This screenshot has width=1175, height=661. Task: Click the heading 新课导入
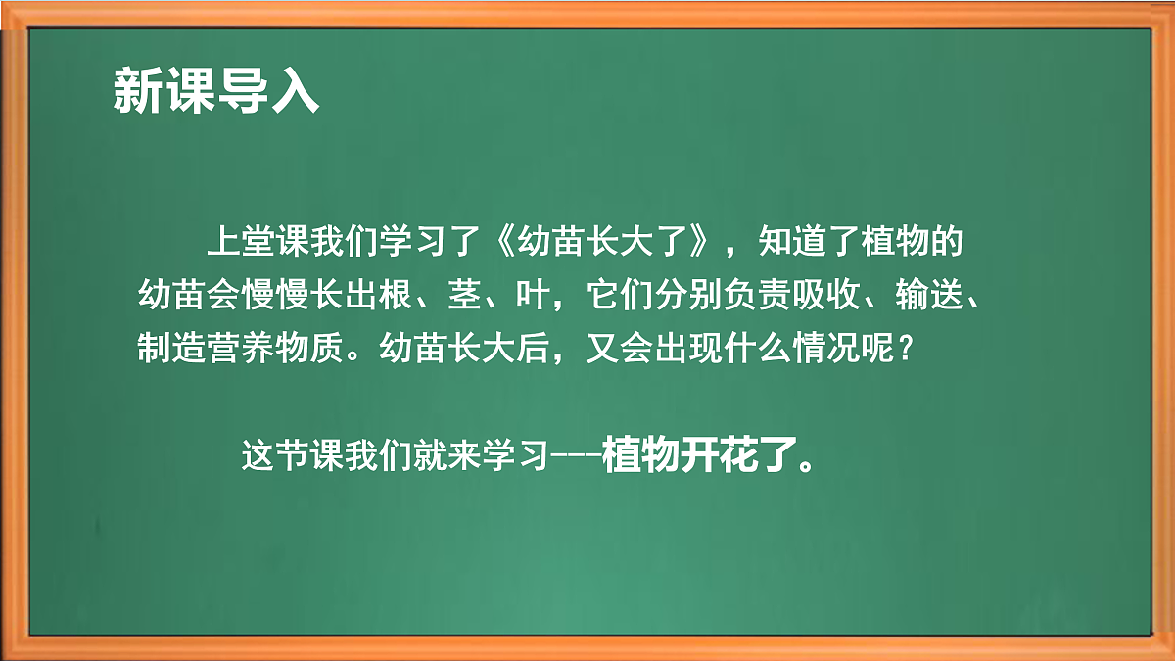coord(216,92)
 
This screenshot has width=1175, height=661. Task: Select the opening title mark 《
coord(505,242)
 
